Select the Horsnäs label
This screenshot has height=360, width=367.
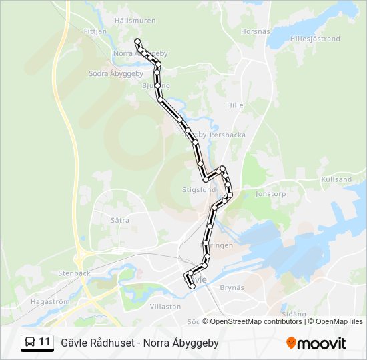point(255,31)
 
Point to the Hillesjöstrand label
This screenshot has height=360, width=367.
point(315,39)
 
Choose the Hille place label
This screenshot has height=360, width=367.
point(235,105)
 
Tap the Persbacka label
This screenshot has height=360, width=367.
point(228,135)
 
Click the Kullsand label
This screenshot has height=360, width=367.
point(336,180)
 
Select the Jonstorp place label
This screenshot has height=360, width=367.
point(270,195)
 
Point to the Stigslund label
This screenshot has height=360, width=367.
point(199,189)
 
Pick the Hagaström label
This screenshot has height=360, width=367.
point(50,302)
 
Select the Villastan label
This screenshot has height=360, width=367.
point(165,307)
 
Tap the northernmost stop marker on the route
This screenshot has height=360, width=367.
point(137,41)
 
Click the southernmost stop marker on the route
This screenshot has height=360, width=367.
point(193,287)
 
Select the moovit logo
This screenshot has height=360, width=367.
point(316,343)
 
